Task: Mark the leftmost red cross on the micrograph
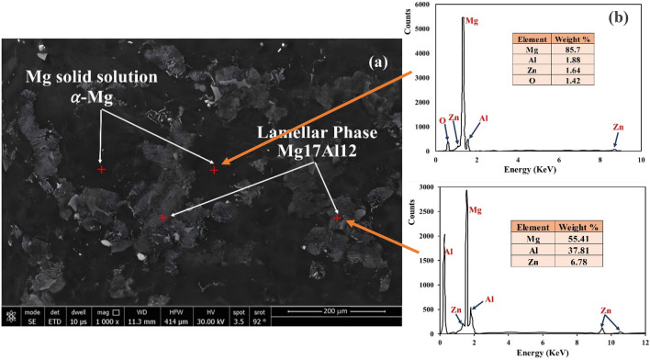pos(101,170)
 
